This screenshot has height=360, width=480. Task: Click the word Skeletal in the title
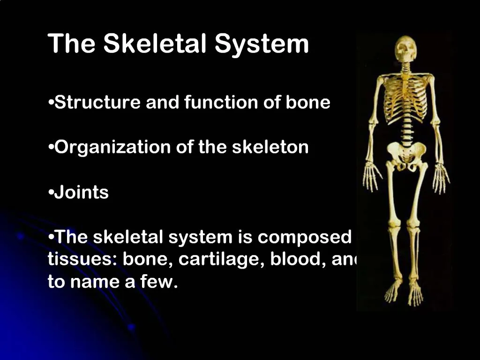click(x=155, y=44)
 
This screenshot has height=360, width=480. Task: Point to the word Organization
click(x=112, y=148)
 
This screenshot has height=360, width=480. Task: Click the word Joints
click(x=82, y=193)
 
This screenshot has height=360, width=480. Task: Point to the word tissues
click(x=82, y=260)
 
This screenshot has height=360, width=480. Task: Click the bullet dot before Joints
click(x=51, y=193)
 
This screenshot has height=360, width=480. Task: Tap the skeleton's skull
click(x=405, y=49)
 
